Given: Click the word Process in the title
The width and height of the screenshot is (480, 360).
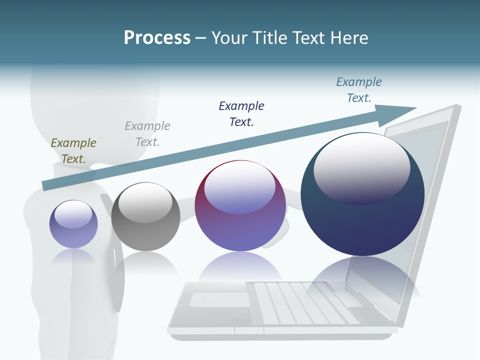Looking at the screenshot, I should [x=157, y=38].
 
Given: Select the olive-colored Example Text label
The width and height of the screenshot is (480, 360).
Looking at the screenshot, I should [x=73, y=150].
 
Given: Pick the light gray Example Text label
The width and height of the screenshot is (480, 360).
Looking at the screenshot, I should [x=147, y=133].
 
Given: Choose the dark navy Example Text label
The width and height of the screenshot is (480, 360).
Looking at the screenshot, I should [x=241, y=113].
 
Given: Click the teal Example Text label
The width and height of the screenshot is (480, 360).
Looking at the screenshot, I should [x=359, y=90].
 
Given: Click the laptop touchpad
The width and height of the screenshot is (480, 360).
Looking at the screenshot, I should [x=220, y=299].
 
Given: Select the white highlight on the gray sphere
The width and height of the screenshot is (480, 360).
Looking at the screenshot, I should [x=145, y=201].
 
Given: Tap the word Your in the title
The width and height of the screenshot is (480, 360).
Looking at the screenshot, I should [x=230, y=38].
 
